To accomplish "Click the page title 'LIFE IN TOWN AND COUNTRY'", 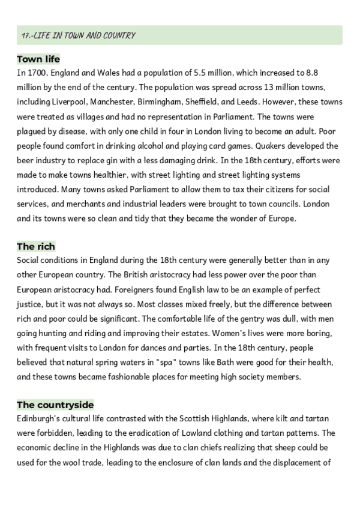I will pos(83,36).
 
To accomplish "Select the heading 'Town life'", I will pos(38,59).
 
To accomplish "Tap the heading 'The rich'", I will pos(36,246).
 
